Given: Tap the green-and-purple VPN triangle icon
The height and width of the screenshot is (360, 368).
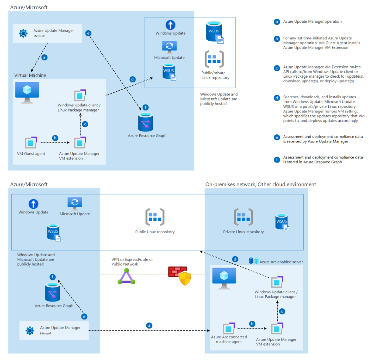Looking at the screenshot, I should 126,277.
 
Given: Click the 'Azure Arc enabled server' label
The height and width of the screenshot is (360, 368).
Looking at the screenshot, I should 281,262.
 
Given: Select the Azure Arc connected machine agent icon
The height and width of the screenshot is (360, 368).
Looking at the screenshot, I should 229,328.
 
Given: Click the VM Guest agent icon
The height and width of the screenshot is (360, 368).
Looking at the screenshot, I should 31,143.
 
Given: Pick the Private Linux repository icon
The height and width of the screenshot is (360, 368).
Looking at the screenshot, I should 243,217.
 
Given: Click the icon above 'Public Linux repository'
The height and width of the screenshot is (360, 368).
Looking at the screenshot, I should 155,217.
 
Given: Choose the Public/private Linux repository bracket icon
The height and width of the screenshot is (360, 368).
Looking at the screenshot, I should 214,59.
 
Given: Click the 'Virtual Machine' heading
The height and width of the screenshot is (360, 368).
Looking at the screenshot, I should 30,75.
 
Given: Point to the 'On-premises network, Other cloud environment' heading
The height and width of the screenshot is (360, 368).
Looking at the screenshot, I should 260,185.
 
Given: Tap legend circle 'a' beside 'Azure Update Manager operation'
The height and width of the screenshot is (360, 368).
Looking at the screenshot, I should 277,22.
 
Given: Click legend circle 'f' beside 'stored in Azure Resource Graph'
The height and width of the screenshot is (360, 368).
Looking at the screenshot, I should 277,160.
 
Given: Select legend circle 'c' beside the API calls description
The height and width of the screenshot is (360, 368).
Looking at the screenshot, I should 277,68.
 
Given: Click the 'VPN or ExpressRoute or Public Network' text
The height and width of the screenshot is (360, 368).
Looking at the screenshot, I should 132,262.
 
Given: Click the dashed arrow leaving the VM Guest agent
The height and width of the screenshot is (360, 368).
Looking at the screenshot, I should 55,143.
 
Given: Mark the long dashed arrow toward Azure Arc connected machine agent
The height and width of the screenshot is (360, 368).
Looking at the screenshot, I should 149,331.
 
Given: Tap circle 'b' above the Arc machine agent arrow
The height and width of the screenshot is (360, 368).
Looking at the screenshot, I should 252,324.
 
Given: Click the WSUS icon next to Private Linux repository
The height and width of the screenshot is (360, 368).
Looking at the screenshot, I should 282,222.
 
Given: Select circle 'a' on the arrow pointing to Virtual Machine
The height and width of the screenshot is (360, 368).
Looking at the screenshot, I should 44,57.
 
